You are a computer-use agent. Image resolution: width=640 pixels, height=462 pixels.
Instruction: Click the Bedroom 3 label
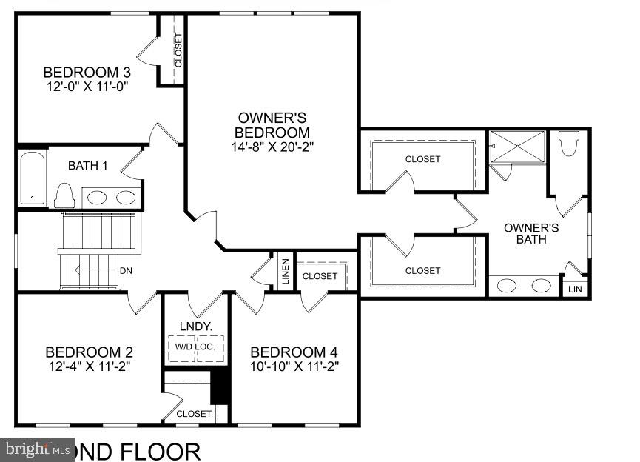click(87, 73)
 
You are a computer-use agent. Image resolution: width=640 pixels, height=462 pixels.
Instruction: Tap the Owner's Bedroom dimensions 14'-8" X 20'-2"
click(272, 147)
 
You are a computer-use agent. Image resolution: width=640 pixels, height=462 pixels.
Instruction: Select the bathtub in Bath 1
click(32, 178)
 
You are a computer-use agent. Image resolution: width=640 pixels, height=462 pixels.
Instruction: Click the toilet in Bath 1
click(64, 195)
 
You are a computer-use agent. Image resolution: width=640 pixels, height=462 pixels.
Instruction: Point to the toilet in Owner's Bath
click(568, 144)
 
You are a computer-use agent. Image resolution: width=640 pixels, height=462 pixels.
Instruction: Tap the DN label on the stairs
click(127, 270)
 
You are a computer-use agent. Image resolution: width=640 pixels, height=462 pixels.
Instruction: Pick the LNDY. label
click(196, 326)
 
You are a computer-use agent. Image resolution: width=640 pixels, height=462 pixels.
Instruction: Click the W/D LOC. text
click(195, 346)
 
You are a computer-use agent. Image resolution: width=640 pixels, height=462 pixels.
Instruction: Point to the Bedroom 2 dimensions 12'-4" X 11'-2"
click(89, 366)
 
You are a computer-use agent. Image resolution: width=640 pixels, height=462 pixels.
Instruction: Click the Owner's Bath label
click(531, 233)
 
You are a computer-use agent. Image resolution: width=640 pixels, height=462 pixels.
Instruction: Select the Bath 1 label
click(88, 165)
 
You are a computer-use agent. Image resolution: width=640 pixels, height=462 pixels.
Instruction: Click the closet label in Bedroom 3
click(178, 50)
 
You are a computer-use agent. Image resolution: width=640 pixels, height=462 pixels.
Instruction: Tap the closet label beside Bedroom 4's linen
click(320, 276)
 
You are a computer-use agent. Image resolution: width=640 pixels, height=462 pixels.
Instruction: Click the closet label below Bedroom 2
click(194, 414)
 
